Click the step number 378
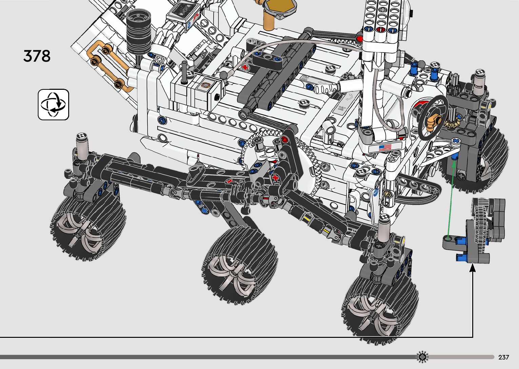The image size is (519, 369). (x=37, y=56)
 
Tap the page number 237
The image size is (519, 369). (x=503, y=357)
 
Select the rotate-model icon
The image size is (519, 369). (x=54, y=104)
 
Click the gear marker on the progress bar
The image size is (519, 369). (x=422, y=357)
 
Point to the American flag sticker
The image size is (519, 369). (x=385, y=147)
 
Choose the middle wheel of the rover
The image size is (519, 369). (x=240, y=265)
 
